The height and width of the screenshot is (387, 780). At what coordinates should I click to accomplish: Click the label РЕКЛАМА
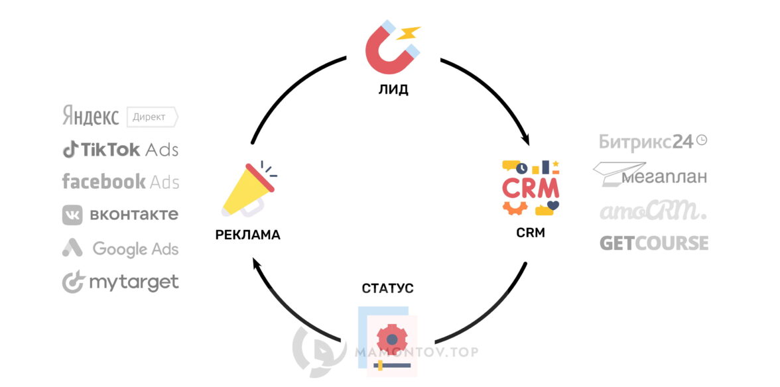pyautogui.click(x=248, y=235)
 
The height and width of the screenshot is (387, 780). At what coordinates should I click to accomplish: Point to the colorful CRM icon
pyautogui.click(x=531, y=188)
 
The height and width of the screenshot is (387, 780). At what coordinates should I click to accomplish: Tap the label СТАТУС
pyautogui.click(x=388, y=288)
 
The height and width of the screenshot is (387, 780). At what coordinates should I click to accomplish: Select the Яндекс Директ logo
pyautogui.click(x=120, y=117)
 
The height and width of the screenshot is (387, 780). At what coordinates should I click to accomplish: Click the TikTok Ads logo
pyautogui.click(x=120, y=150)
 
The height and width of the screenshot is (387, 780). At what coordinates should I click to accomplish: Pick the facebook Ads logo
pyautogui.click(x=120, y=182)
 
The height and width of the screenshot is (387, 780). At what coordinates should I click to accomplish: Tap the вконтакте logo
pyautogui.click(x=120, y=215)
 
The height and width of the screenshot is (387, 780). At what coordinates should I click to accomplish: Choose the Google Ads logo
pyautogui.click(x=120, y=249)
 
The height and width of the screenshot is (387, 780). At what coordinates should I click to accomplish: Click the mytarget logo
pyautogui.click(x=120, y=283)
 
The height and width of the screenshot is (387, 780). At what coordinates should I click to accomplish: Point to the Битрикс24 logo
pyautogui.click(x=653, y=141)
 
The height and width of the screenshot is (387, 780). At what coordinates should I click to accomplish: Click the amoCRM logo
pyautogui.click(x=653, y=211)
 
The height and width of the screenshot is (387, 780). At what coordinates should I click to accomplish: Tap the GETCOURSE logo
pyautogui.click(x=653, y=243)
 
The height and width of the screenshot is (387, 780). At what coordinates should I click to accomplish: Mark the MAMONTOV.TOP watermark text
pyautogui.click(x=416, y=352)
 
